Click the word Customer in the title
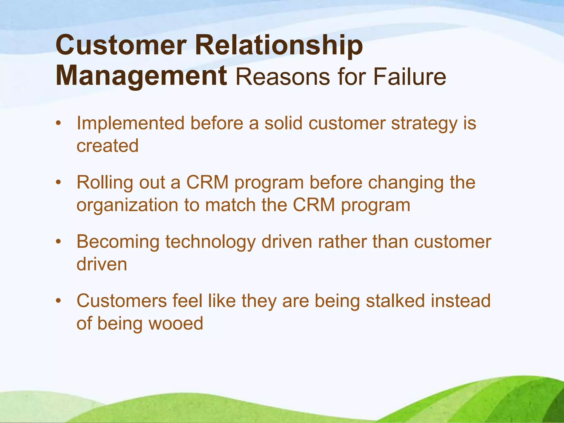pyautogui.click(x=121, y=45)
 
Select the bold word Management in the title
pyautogui.click(x=141, y=77)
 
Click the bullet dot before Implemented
pyautogui.click(x=58, y=123)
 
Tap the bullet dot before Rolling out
pyautogui.click(x=58, y=183)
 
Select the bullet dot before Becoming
pyautogui.click(x=58, y=242)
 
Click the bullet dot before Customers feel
pyautogui.click(x=58, y=301)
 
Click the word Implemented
pyautogui.click(x=131, y=123)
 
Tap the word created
pyautogui.click(x=107, y=146)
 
